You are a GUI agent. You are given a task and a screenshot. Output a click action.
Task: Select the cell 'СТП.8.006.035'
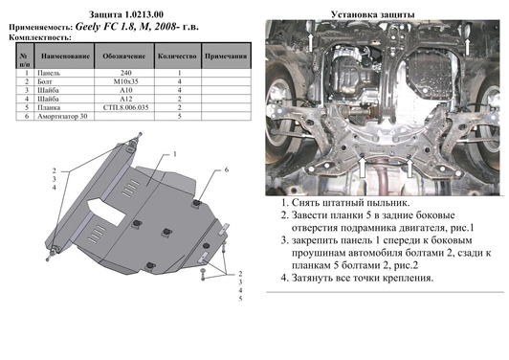[x=123, y=107]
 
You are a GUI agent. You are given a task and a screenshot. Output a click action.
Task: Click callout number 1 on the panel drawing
[x=175, y=154]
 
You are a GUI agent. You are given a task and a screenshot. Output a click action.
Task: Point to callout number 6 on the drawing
[x=229, y=169]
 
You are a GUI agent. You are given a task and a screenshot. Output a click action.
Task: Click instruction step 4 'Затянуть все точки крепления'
[x=357, y=278]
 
